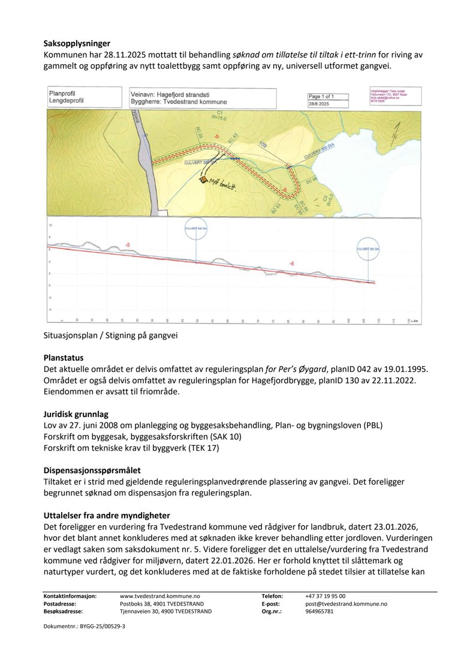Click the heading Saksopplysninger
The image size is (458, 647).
tap(77, 43)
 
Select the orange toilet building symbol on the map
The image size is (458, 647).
tap(204, 179)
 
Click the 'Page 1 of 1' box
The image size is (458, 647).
tap(329, 96)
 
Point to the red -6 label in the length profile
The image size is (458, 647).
tap(291, 264)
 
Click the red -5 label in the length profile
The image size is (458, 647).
tap(127, 245)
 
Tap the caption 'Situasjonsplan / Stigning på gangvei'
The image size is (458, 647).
tap(111, 335)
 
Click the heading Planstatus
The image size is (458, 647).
tap(64, 358)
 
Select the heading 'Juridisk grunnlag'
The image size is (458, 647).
tap(77, 413)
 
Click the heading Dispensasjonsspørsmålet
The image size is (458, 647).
tap(91, 470)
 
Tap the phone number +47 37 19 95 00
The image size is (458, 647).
tap(325, 596)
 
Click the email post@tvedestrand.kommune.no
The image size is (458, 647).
tap(346, 604)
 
